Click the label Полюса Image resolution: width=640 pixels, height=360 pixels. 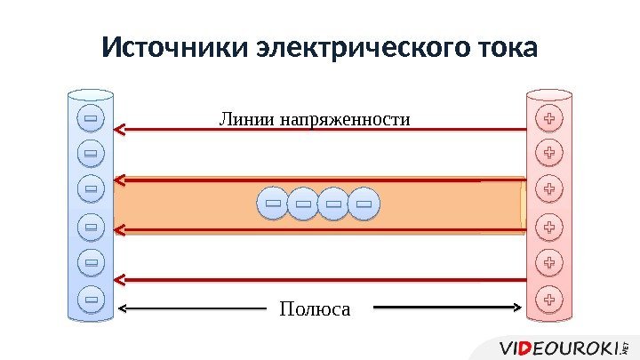coord(315,309)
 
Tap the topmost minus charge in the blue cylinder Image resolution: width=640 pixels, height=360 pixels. coord(91,118)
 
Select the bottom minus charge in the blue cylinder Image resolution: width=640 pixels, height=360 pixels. coord(91,299)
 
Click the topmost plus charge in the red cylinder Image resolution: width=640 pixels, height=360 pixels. coord(550,118)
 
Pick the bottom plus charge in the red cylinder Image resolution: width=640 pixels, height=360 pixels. coord(550,299)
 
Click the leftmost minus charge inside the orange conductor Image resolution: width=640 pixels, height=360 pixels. coord(273,205)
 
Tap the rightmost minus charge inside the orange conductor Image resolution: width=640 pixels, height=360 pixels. coord(363,205)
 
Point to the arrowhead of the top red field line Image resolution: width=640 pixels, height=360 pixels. coord(120,130)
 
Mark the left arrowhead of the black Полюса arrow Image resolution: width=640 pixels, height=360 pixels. coord(123,309)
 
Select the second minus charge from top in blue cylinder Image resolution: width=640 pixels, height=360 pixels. coord(91,154)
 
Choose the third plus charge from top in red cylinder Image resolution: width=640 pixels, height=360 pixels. coord(550,189)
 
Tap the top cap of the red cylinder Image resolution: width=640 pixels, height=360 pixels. coord(550,93)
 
